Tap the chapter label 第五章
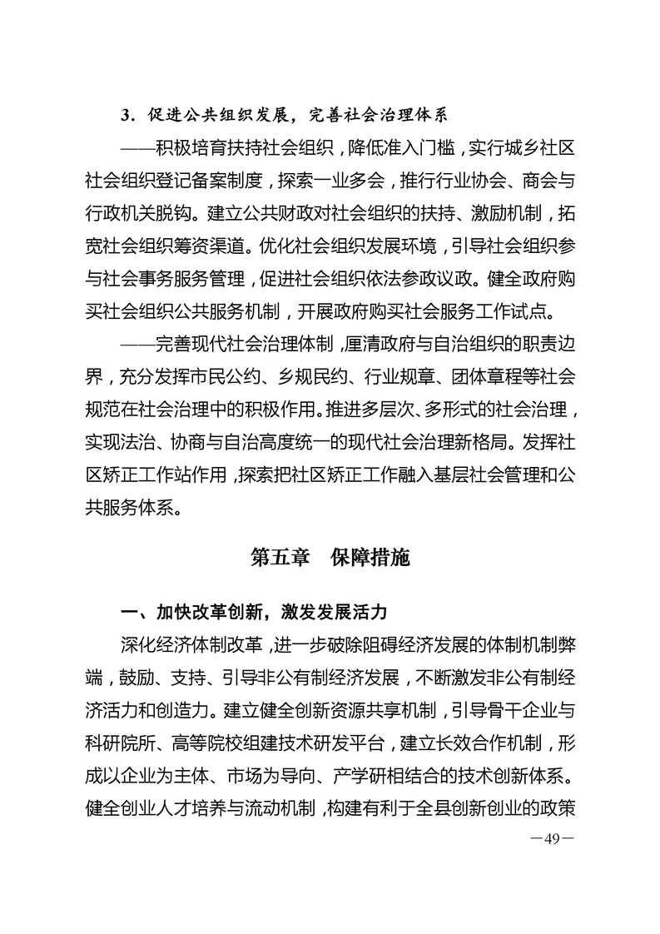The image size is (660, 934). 281,558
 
